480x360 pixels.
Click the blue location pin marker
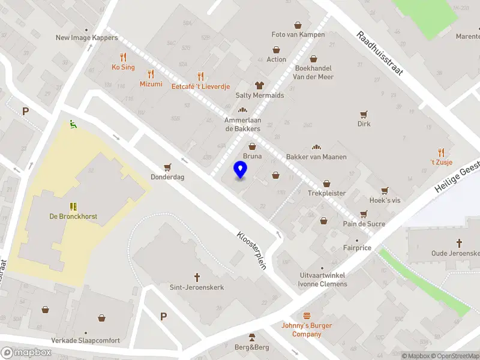240,169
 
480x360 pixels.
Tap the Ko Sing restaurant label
123,67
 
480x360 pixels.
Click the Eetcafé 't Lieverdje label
201,86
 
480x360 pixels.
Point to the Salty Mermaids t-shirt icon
260,85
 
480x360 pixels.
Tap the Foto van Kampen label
298,35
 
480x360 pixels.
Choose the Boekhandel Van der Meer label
313,72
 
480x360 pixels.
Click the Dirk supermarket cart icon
364,114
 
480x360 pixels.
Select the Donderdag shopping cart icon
167,167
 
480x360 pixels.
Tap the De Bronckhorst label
73,216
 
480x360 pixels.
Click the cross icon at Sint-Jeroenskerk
197,277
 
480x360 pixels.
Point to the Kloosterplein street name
251,250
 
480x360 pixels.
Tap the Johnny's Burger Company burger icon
307,316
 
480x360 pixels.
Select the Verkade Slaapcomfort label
85,341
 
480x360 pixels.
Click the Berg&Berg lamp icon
252,337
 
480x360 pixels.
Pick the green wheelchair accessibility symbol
73,124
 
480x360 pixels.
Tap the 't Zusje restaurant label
441,162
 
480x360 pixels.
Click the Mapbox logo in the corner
26,353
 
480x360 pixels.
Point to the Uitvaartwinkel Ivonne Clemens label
323,280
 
